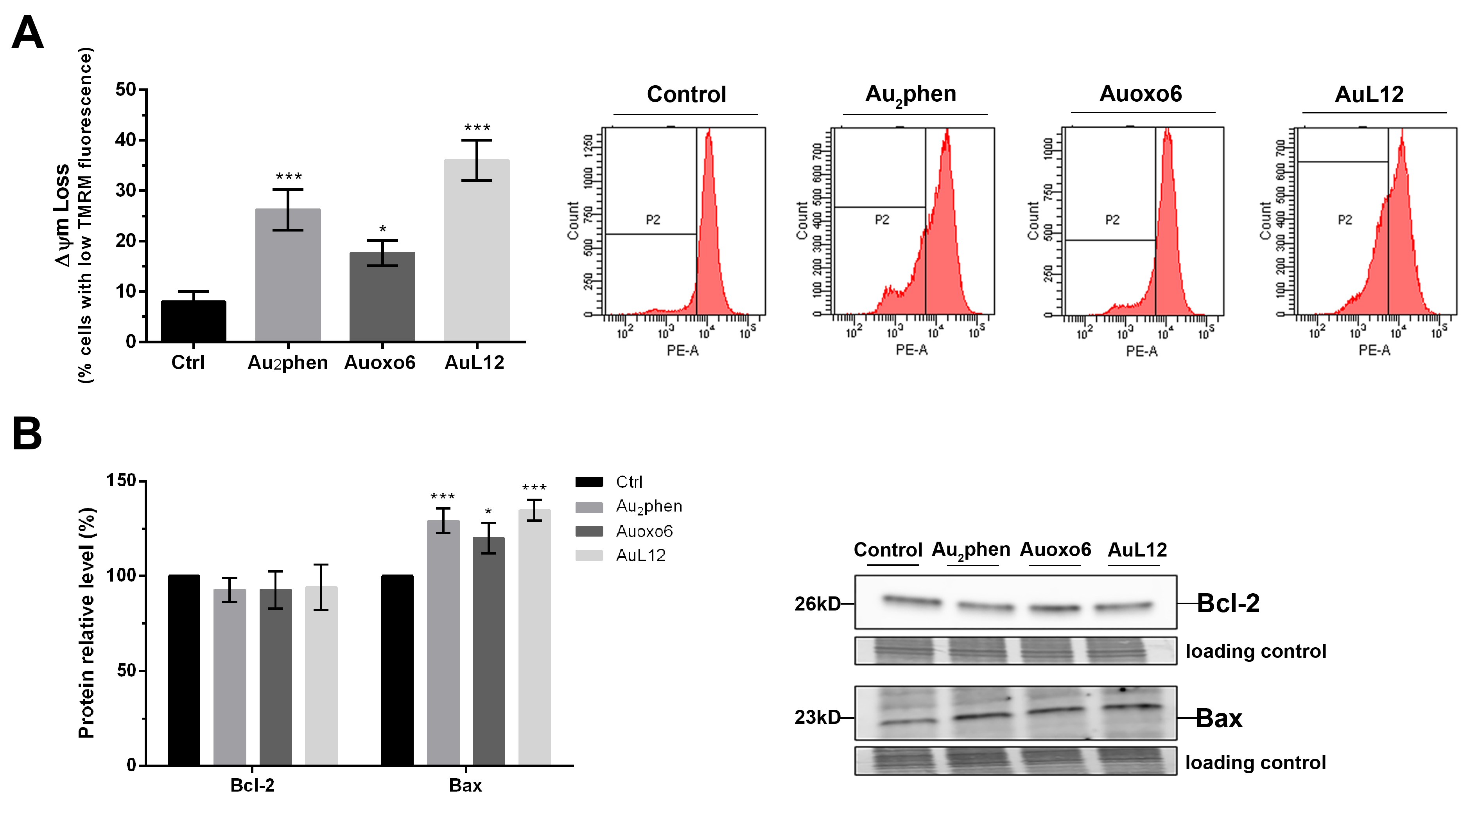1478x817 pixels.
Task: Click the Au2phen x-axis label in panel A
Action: [x=287, y=363]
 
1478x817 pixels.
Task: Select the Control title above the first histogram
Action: [x=686, y=94]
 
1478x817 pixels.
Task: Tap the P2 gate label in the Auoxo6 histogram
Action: [x=1112, y=220]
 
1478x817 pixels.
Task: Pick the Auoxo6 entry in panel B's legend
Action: [x=644, y=531]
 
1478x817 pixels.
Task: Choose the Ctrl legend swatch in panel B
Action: [x=589, y=482]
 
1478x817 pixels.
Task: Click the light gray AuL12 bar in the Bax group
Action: [x=534, y=637]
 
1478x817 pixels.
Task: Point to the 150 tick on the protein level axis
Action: [x=121, y=480]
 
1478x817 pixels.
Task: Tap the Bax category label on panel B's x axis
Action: [x=465, y=785]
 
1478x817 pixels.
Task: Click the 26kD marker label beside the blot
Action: [x=817, y=603]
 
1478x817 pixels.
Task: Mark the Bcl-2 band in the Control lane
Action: [x=912, y=601]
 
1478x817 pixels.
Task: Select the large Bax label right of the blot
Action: [x=1219, y=718]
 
